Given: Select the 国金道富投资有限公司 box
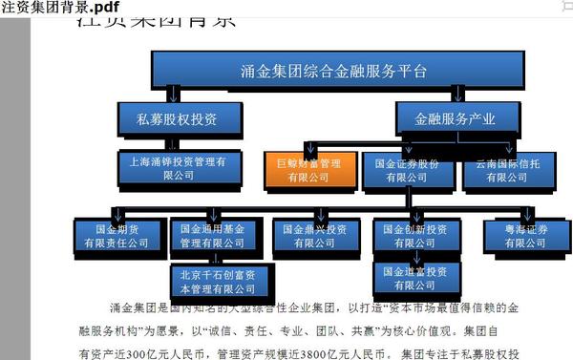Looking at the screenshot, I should point(414,278).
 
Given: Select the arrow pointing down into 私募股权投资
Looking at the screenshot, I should point(173,95).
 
